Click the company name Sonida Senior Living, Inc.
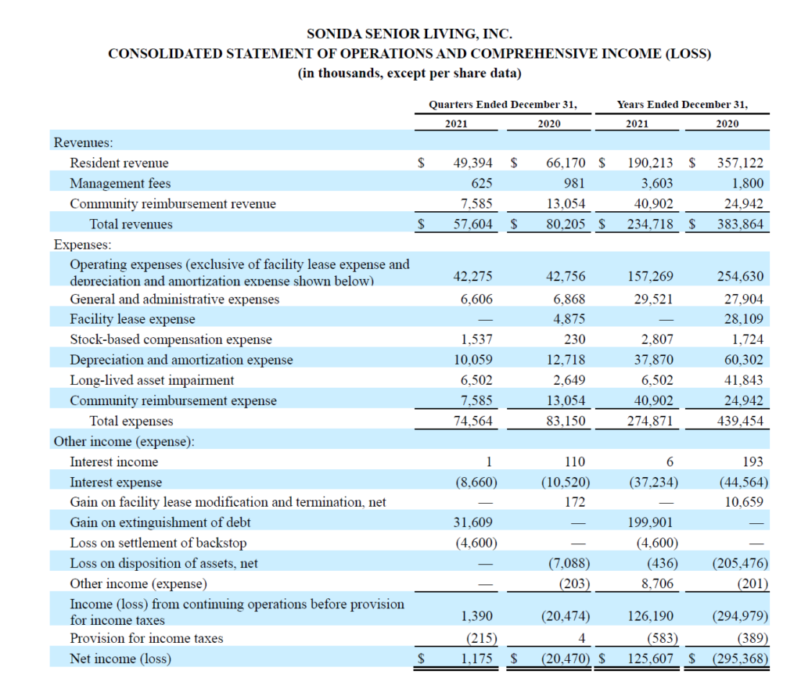409,34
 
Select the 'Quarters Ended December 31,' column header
503,105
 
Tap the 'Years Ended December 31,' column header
682,105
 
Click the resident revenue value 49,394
472,163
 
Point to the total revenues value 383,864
740,224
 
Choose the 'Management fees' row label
120,183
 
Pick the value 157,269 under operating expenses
650,276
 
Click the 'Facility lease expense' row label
132,319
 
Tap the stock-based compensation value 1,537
476,339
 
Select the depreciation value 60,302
743,360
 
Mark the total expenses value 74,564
472,421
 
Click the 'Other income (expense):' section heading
124,441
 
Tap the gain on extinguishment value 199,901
650,522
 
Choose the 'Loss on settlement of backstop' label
158,543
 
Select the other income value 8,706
657,583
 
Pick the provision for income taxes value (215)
481,638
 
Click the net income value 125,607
650,658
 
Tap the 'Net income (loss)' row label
120,658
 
